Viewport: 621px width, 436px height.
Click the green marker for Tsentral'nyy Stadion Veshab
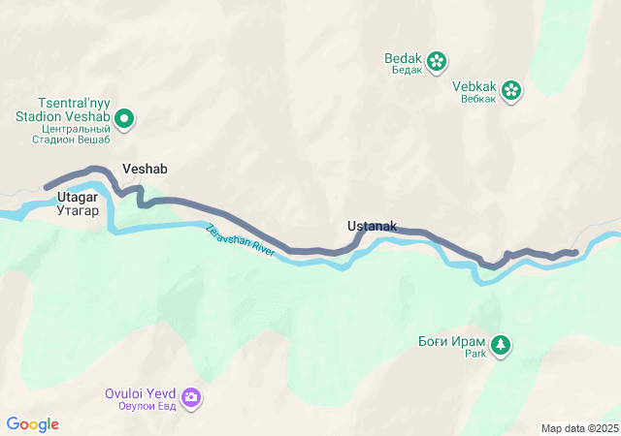(x=124, y=120)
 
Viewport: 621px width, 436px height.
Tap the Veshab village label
(x=145, y=169)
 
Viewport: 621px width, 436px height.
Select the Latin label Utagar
(x=78, y=198)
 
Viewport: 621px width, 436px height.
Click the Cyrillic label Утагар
(x=78, y=210)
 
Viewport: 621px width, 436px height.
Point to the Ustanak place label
(x=372, y=226)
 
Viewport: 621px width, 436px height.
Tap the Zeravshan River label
(x=241, y=240)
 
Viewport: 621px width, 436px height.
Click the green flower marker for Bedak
(x=437, y=61)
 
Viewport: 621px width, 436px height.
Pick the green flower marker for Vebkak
(x=511, y=91)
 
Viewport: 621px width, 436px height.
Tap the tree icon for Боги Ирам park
(x=501, y=345)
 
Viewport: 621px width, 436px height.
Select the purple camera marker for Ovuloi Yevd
(x=191, y=397)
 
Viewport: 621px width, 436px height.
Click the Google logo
(x=33, y=424)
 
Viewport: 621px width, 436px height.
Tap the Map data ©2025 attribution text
(x=579, y=428)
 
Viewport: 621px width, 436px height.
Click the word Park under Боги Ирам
(x=474, y=355)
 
